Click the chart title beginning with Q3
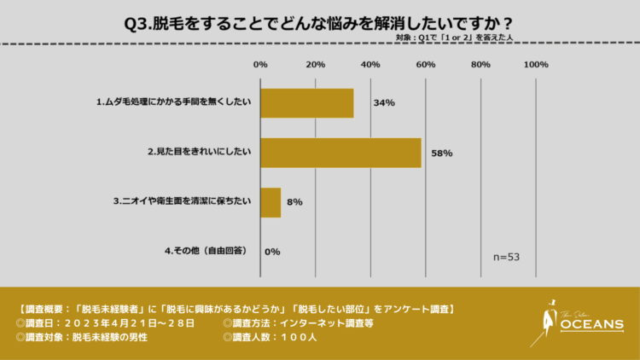click(x=319, y=21)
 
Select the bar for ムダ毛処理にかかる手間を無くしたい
click(x=306, y=103)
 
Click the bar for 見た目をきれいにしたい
click(x=340, y=153)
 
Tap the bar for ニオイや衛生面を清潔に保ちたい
click(x=271, y=202)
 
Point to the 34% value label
click(x=383, y=103)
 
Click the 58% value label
click(x=441, y=154)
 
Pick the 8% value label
click(x=294, y=203)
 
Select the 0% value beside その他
click(x=273, y=252)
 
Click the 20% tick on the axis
click(x=316, y=65)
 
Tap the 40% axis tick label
click(x=370, y=65)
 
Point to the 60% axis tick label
click(x=426, y=65)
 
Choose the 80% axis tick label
click(x=480, y=65)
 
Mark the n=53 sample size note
click(x=507, y=257)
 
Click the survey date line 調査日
click(x=106, y=323)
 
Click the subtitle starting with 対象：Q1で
click(x=460, y=38)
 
